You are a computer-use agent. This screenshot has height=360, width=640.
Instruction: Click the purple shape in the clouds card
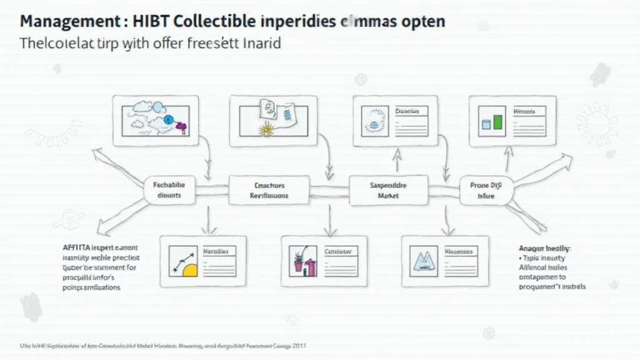pos(182,126)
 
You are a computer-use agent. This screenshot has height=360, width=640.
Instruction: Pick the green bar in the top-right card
pos(497,121)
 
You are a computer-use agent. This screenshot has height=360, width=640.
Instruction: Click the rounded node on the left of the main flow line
pos(169,190)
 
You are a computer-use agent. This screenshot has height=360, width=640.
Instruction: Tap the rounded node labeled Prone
pos(486,190)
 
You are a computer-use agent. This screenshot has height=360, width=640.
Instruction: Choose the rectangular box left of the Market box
pos(269,190)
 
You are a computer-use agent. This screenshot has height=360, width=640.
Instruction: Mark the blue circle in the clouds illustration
pos(168,119)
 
